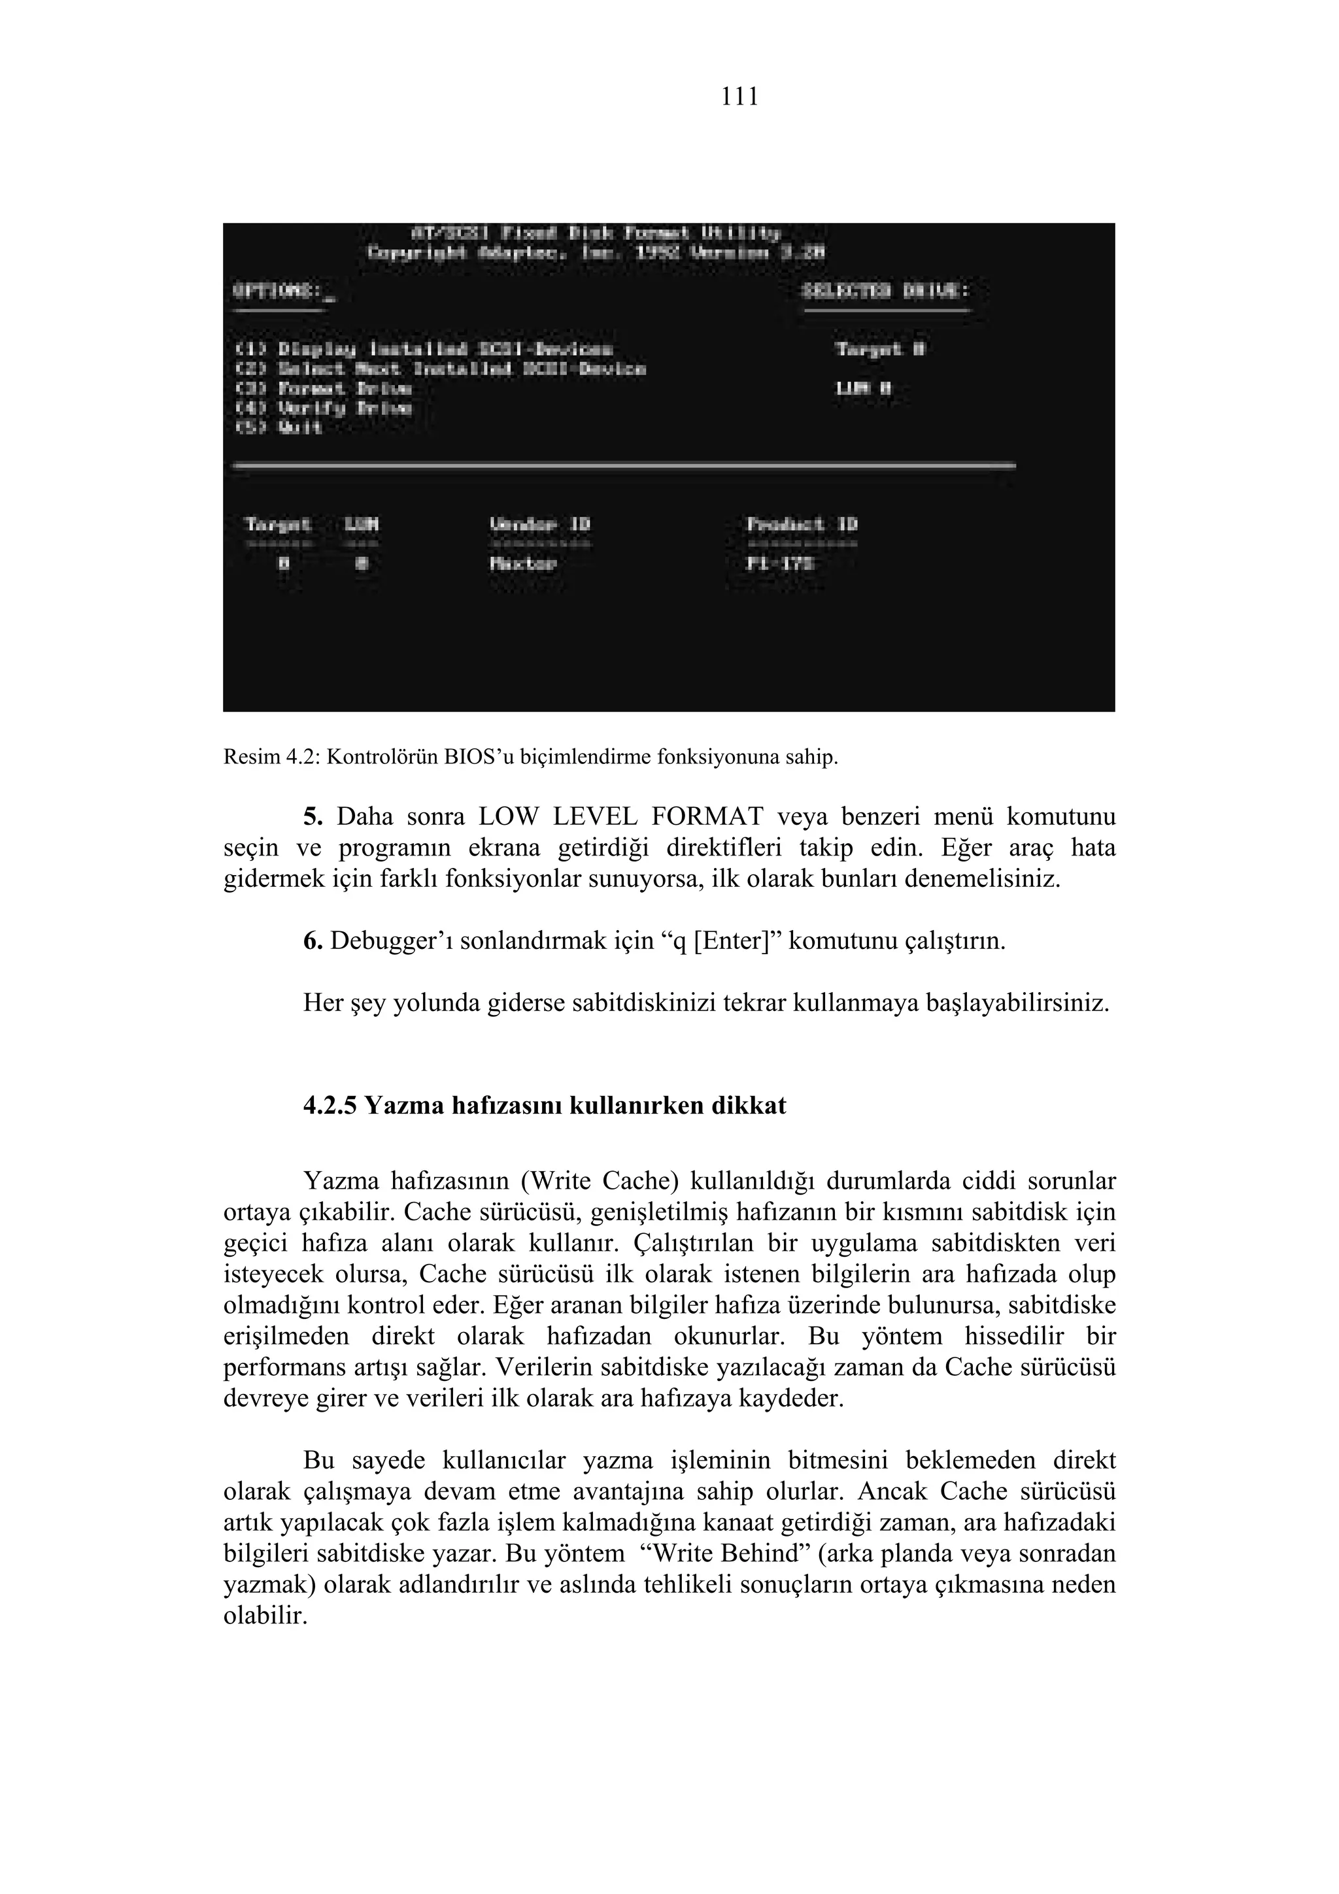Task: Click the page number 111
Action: pyautogui.click(x=739, y=97)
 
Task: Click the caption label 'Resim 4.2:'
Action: pyautogui.click(x=271, y=757)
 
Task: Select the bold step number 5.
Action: pyautogui.click(x=313, y=818)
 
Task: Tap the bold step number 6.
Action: pyautogui.click(x=313, y=941)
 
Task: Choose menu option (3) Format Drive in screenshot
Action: pyautogui.click(x=324, y=388)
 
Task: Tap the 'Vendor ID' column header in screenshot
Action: pyautogui.click(x=541, y=525)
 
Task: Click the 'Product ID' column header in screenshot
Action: pyautogui.click(x=802, y=525)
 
